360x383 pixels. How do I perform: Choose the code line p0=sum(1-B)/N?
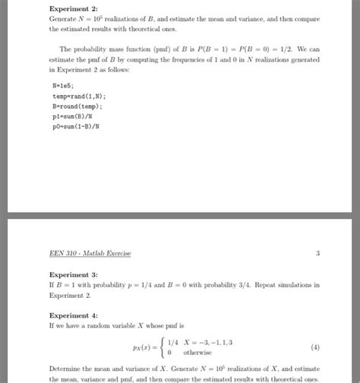coord(77,127)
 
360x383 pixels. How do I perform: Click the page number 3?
coord(317,253)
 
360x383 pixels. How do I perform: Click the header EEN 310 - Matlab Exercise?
coord(90,253)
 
